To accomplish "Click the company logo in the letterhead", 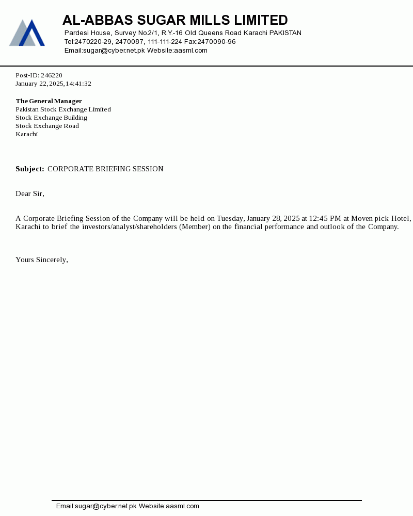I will pyautogui.click(x=27, y=33).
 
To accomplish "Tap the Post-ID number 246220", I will pyautogui.click(x=52, y=75).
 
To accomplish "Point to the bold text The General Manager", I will pyautogui.click(x=49, y=101).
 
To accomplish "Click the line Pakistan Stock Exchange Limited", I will pyautogui.click(x=63, y=109).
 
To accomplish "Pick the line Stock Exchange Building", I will pyautogui.click(x=51, y=118).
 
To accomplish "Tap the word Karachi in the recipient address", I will pyautogui.click(x=26, y=134).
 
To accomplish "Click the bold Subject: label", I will pyautogui.click(x=30, y=169).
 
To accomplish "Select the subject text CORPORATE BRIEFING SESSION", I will pyautogui.click(x=105, y=169).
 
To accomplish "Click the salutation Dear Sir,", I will pyautogui.click(x=30, y=193).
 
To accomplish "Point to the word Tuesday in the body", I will pyautogui.click(x=230, y=218).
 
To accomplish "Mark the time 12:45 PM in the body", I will pyautogui.click(x=325, y=218).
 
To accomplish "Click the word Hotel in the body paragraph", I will pyautogui.click(x=401, y=218).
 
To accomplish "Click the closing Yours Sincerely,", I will pyautogui.click(x=42, y=260).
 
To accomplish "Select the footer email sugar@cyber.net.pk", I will pyautogui.click(x=106, y=506).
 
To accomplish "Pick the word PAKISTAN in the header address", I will pyautogui.click(x=285, y=33).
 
